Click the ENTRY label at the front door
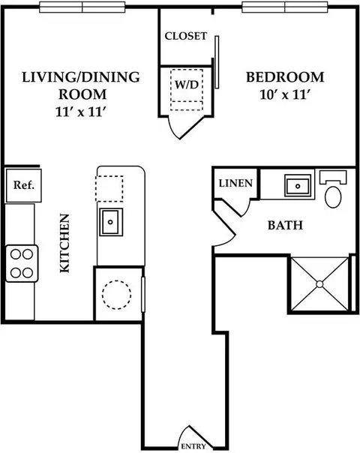click(x=193, y=446)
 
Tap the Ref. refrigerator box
click(x=24, y=185)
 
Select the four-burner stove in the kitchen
click(x=22, y=263)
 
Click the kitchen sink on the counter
click(x=111, y=222)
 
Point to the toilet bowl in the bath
click(x=333, y=197)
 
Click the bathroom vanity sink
click(x=298, y=186)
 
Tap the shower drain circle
click(x=319, y=284)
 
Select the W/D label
click(x=187, y=85)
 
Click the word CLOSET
click(x=186, y=36)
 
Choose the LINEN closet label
click(x=235, y=183)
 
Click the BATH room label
click(x=285, y=225)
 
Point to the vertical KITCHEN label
click(x=64, y=243)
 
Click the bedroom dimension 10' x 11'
click(x=285, y=94)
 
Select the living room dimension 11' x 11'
click(x=79, y=112)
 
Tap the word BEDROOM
click(x=285, y=77)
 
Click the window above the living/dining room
click(x=82, y=7)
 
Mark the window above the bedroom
click(x=285, y=7)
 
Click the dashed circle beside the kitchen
click(x=116, y=295)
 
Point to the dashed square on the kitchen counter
click(x=109, y=188)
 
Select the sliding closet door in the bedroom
click(x=217, y=62)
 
